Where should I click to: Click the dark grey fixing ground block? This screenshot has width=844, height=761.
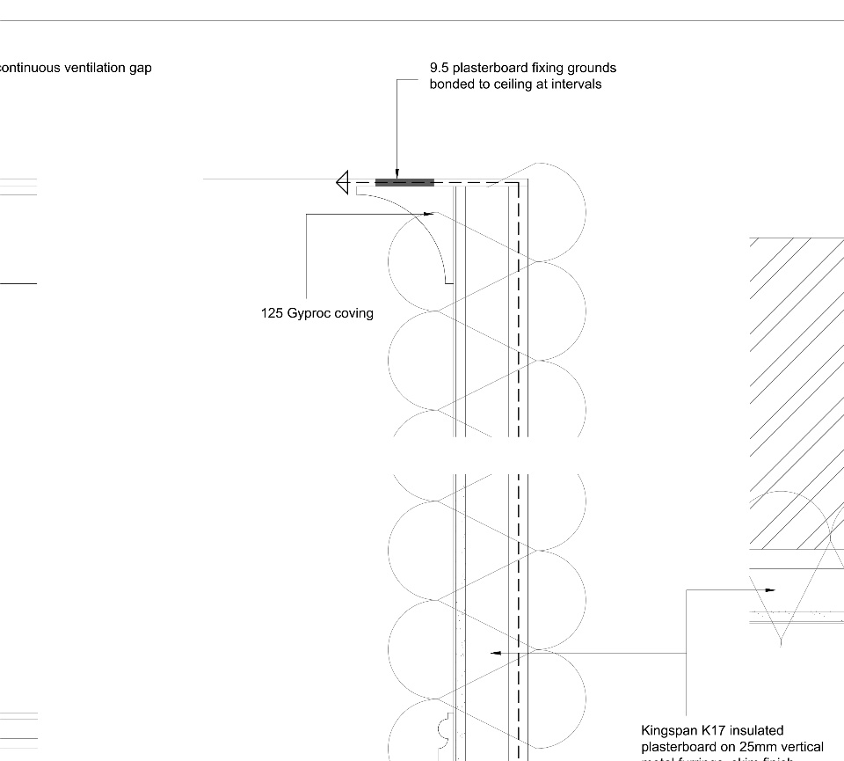[x=404, y=183]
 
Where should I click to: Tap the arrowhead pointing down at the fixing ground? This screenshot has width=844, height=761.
[x=397, y=173]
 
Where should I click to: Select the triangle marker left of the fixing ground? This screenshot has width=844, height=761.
[x=343, y=183]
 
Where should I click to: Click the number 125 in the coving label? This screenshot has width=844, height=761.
[x=272, y=313]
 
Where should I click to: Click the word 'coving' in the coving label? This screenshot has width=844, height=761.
[x=353, y=313]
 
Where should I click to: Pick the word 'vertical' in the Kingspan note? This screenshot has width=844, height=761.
[x=802, y=748]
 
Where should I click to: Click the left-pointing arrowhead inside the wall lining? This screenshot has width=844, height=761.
[x=496, y=653]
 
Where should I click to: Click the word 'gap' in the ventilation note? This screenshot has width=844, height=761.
[x=140, y=68]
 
